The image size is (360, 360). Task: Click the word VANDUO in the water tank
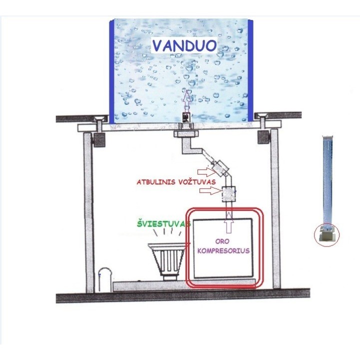pyautogui.click(x=184, y=45)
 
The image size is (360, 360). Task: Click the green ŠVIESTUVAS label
pyautogui.click(x=163, y=224)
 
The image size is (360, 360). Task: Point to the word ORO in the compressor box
pyautogui.click(x=222, y=241)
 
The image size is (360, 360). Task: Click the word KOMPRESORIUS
pyautogui.click(x=223, y=250)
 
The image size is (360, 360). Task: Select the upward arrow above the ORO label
pyautogui.click(x=229, y=222)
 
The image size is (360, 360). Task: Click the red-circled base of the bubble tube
pyautogui.click(x=326, y=235)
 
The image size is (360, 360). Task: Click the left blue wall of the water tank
pyautogui.click(x=111, y=71)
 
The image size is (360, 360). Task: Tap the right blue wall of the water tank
pyautogui.click(x=250, y=70)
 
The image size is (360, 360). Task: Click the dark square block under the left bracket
pyautogui.click(x=99, y=139)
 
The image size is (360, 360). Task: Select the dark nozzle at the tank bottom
pyautogui.click(x=186, y=118)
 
